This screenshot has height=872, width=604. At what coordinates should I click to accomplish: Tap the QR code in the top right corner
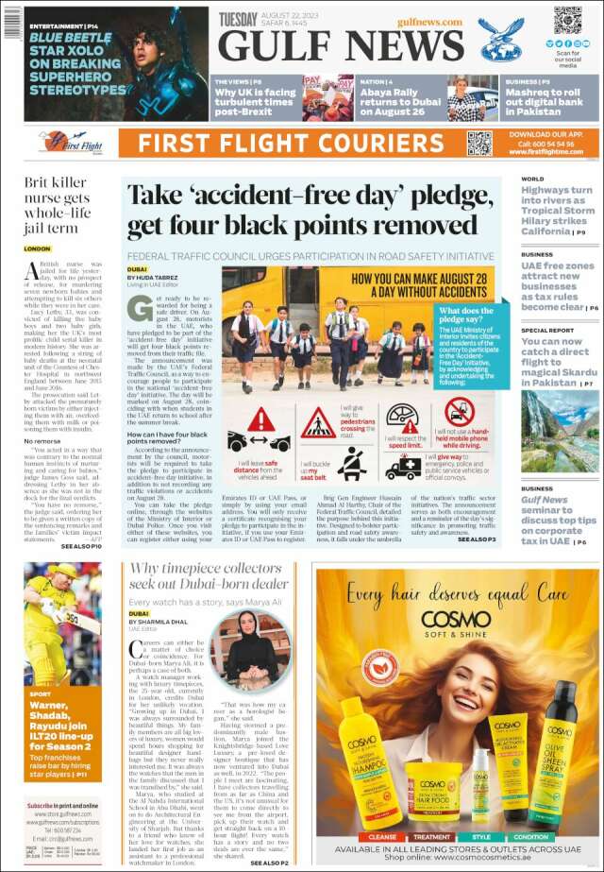(x=567, y=21)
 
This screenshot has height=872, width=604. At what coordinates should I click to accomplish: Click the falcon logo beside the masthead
(x=501, y=40)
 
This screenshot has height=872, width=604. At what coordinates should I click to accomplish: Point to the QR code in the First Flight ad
(x=478, y=143)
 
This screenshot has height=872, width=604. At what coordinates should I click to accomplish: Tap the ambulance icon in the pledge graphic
(x=403, y=467)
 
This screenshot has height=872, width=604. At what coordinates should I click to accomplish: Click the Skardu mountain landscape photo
(x=560, y=431)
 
